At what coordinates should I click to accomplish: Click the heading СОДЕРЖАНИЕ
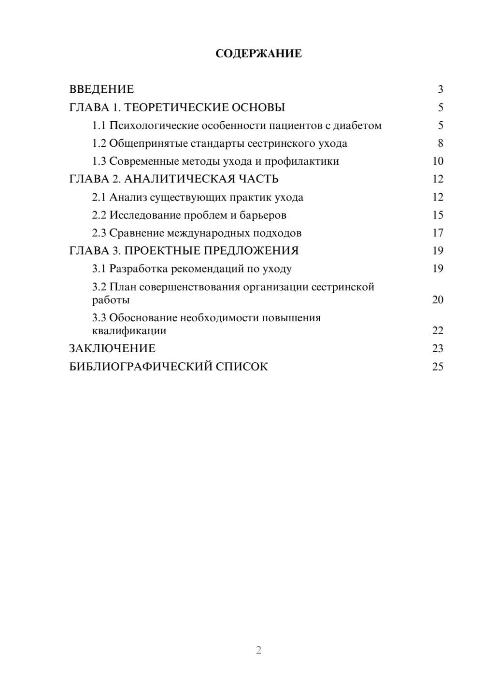tap(258, 54)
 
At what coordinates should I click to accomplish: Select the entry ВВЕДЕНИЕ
tap(101, 89)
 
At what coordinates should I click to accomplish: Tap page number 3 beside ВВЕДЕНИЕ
tap(440, 89)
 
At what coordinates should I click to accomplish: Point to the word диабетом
tap(357, 126)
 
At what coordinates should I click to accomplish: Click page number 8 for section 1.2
tap(440, 143)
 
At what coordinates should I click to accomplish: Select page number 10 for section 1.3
tap(438, 161)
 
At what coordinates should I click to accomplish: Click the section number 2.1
tap(99, 197)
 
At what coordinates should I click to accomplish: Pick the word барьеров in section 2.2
tap(263, 215)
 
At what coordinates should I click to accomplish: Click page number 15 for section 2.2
tap(438, 215)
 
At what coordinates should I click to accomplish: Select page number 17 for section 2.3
tap(438, 233)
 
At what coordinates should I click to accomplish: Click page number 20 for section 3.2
tap(438, 299)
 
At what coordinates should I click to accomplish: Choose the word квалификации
tap(129, 331)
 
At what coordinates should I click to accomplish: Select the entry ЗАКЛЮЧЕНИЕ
tap(112, 348)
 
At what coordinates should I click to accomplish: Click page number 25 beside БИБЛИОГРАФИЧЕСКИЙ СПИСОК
tap(438, 366)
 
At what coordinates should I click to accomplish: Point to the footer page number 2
tap(258, 650)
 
